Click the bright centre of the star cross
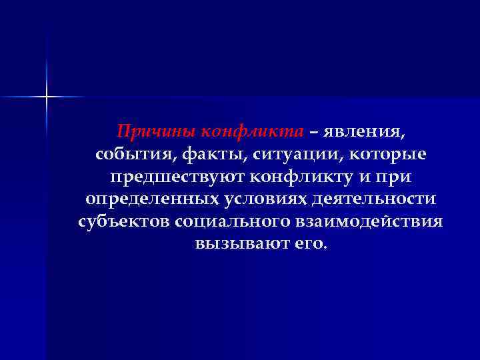[47, 97]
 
